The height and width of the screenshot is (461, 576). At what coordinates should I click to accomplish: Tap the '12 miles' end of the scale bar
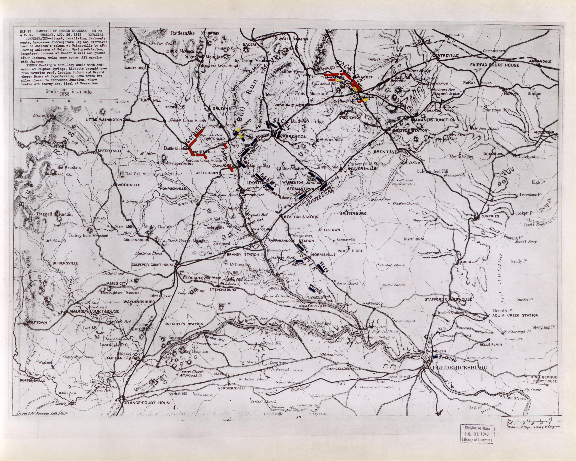pos(122,102)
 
